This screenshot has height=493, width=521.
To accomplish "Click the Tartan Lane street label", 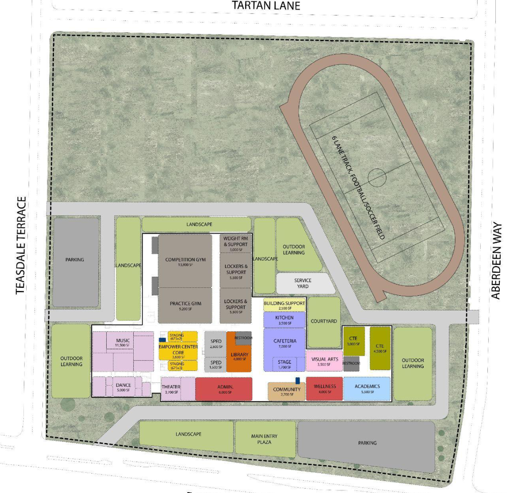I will tap(266, 6).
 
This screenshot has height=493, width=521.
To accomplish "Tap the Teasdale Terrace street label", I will tap(21, 246).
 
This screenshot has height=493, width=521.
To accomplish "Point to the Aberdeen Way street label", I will tap(497, 261).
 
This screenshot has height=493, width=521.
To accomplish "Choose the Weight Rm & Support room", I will tap(235, 244).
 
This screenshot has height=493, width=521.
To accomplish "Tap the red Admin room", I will tap(224, 389).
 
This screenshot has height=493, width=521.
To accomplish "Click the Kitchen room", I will tap(284, 320).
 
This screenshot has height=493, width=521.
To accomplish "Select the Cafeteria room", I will tap(285, 343).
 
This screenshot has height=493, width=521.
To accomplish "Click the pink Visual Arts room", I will tap(324, 361).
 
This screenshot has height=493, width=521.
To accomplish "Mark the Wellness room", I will tap(324, 389).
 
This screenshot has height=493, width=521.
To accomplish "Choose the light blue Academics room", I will tap(367, 389).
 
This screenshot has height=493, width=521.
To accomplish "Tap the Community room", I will tap(286, 391).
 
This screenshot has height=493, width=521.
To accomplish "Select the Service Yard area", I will tap(303, 283).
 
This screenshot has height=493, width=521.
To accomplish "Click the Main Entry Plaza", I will tap(265, 439).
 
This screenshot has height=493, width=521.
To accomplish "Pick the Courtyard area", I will tap(324, 321).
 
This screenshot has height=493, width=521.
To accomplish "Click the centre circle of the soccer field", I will tap(377, 178).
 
